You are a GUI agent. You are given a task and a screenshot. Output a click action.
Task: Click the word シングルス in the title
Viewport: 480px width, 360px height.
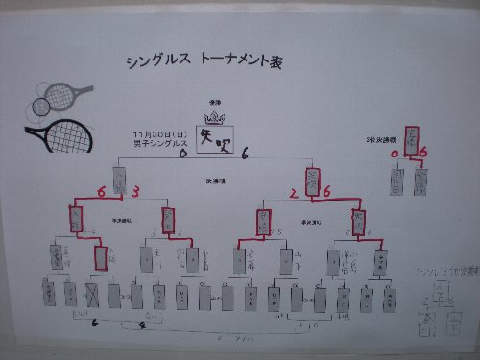pyautogui.click(x=159, y=60)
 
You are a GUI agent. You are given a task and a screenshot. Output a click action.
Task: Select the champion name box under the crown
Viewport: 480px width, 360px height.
pyautogui.click(x=215, y=141)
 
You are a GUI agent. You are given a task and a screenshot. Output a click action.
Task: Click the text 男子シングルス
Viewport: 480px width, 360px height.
pyautogui.click(x=155, y=143)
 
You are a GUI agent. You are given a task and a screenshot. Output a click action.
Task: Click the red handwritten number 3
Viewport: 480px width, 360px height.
pyautogui.click(x=135, y=192)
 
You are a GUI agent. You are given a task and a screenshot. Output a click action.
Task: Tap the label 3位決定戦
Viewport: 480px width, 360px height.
pyautogui.click(x=380, y=140)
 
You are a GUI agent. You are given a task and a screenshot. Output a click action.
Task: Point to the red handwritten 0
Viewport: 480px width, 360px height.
pyautogui.click(x=395, y=152)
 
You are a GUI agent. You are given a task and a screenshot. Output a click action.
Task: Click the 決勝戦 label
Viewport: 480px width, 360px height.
pyautogui.click(x=214, y=180)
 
